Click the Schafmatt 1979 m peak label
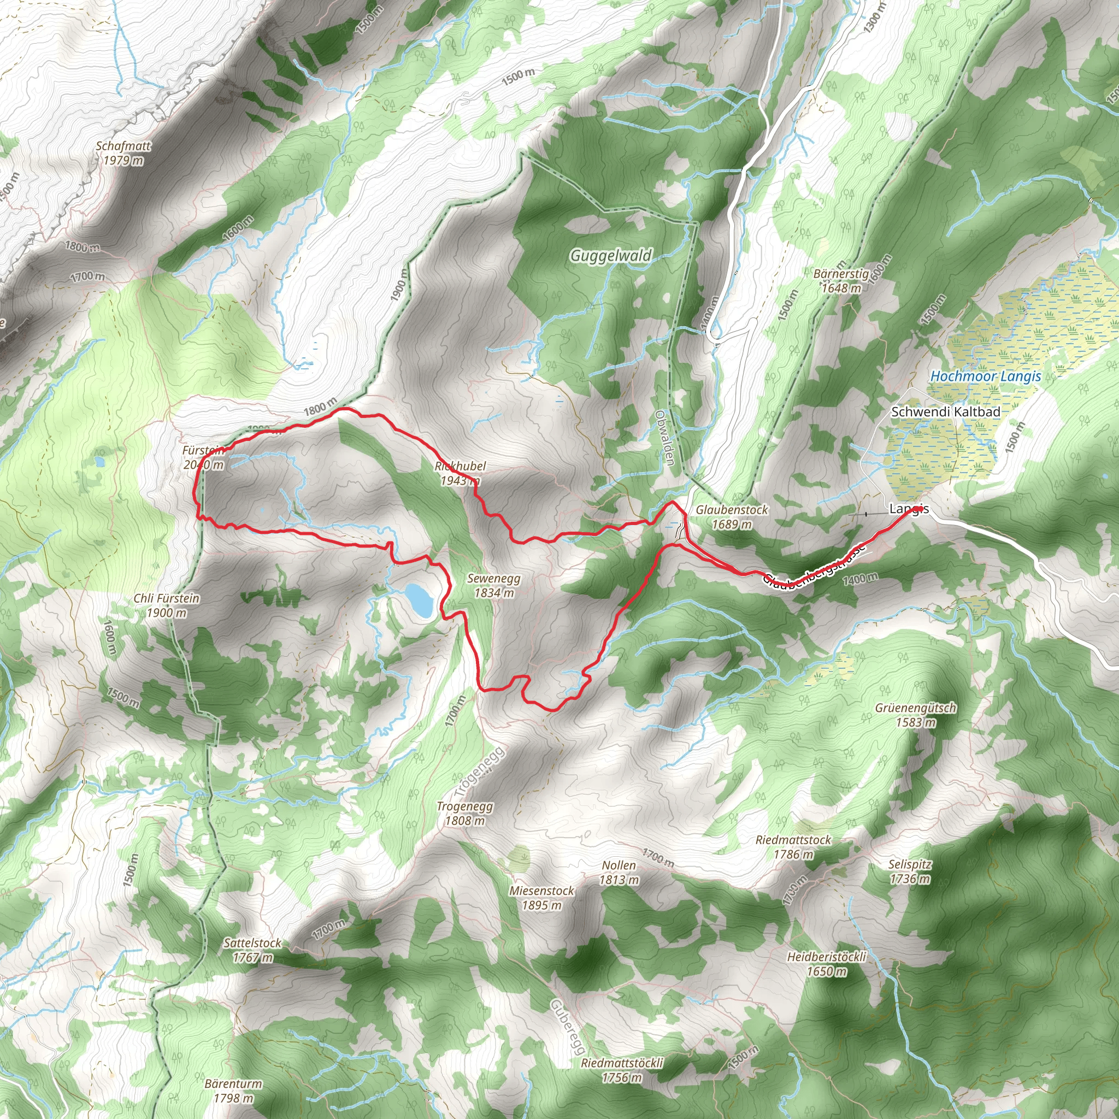tap(123, 153)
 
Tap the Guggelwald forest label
tap(610, 255)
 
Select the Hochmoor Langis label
tap(985, 376)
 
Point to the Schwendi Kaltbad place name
tap(945, 412)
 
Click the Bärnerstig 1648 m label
tap(840, 280)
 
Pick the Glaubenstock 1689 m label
tap(732, 517)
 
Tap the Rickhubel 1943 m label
tap(460, 473)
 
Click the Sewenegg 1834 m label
tap(493, 585)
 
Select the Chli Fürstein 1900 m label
tap(166, 605)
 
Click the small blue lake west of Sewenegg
tap(419, 600)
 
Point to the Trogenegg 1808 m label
tap(464, 813)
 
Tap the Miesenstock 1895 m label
tap(541, 898)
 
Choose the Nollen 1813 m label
tap(619, 872)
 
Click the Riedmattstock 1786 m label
tap(793, 847)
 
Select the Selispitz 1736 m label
tap(910, 871)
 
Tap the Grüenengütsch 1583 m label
tap(916, 715)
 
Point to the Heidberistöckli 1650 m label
tap(827, 964)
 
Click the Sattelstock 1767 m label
tap(252, 950)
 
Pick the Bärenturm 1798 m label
tap(233, 1091)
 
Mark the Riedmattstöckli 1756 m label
tap(622, 1070)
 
